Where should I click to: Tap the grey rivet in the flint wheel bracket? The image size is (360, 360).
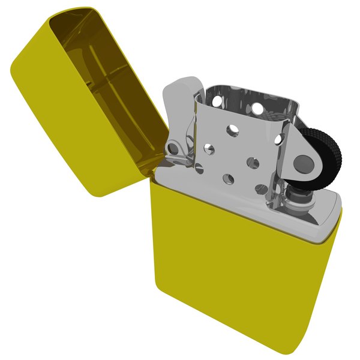[302, 162]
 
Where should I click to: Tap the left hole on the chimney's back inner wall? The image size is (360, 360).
[257, 109]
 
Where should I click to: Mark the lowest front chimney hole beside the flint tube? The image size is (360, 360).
[260, 188]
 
